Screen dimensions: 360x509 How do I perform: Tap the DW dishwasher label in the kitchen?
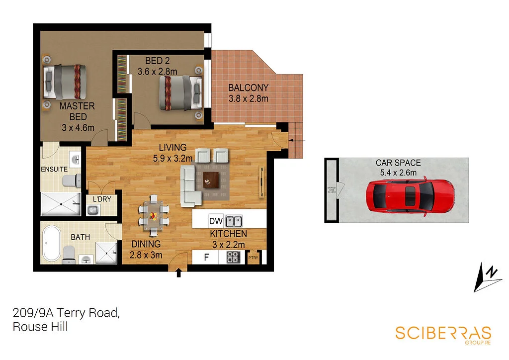215,221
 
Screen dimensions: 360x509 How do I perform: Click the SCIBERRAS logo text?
443,333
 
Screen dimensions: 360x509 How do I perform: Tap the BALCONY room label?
248,88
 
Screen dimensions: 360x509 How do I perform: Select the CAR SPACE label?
398,163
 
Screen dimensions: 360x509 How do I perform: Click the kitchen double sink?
234,221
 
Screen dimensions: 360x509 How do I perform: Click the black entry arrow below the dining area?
178,272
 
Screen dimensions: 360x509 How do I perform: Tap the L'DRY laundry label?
102,199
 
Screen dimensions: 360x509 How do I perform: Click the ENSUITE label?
54,169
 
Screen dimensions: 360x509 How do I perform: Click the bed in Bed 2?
180,92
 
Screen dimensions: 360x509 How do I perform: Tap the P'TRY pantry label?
254,258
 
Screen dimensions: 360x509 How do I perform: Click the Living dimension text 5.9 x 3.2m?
173,159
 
